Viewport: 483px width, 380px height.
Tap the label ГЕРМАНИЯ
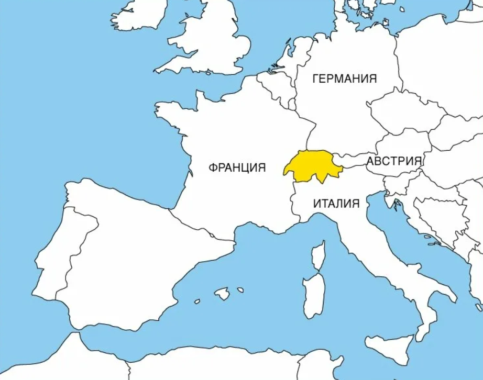coord(344,79)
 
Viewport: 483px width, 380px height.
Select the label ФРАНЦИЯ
coord(237,167)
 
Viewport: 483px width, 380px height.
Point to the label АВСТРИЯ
coord(394,161)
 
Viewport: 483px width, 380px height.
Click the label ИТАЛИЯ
coord(336,204)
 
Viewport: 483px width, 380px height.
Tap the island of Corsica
coord(319,256)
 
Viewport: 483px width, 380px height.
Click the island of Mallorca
coord(222,294)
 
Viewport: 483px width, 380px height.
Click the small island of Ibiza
coord(197,301)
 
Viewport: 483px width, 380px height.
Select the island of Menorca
coord(240,289)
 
